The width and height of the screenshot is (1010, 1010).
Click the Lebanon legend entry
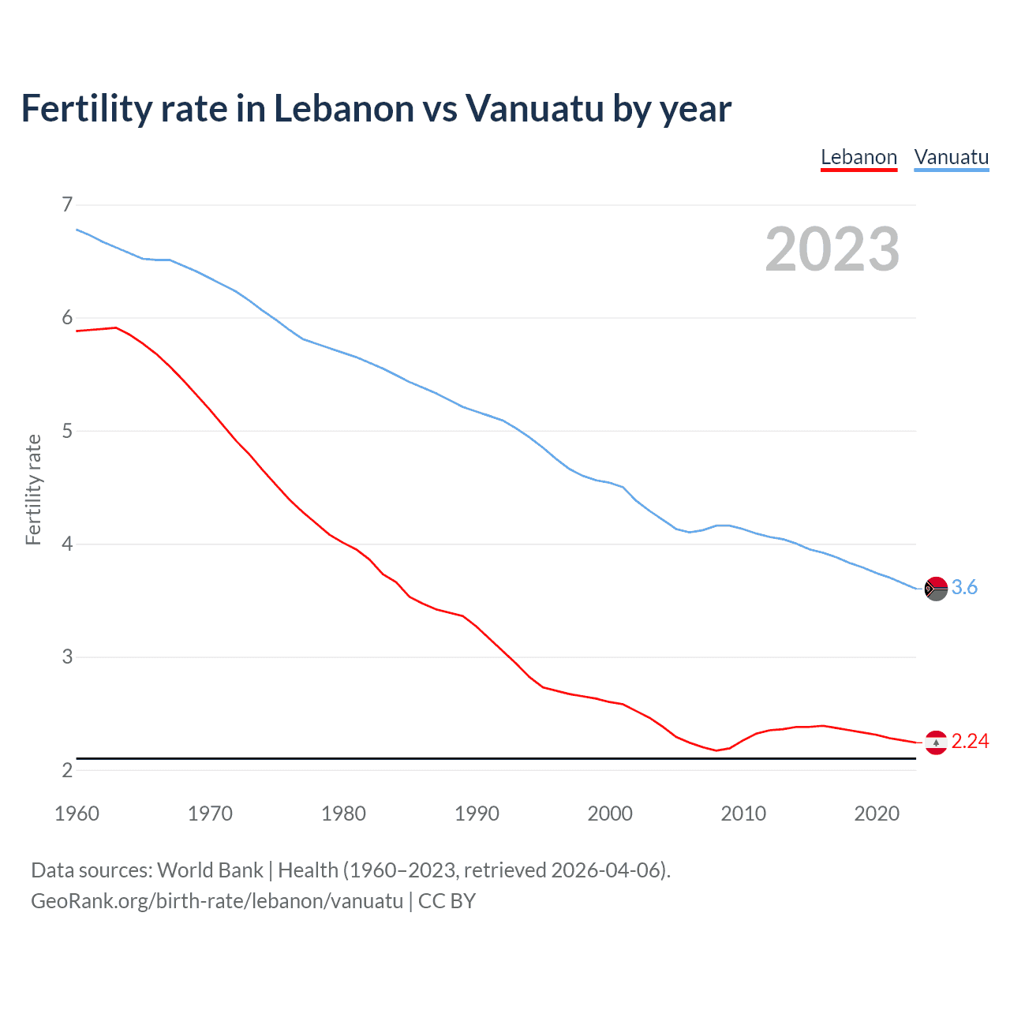(x=858, y=157)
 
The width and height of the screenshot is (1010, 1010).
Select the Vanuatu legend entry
(x=951, y=157)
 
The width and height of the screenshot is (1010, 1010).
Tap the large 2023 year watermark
(x=832, y=249)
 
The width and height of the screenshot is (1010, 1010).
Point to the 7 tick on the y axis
(x=67, y=205)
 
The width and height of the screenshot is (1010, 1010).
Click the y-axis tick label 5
(x=67, y=431)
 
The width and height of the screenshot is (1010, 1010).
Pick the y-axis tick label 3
(x=67, y=656)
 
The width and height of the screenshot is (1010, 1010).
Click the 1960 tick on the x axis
(x=77, y=814)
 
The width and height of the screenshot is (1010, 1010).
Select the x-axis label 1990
(x=477, y=814)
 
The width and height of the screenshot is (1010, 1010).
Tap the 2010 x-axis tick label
(x=743, y=814)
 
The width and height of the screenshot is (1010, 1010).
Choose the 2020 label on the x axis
(x=877, y=814)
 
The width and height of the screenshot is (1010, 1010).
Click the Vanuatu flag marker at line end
(x=936, y=589)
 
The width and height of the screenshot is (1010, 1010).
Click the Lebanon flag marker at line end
(x=936, y=743)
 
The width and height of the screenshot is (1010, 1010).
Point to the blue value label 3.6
(x=964, y=588)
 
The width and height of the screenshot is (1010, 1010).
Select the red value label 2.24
(x=970, y=742)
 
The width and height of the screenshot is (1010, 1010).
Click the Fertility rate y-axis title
(x=33, y=489)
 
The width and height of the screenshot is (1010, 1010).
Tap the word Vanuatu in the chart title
(x=534, y=109)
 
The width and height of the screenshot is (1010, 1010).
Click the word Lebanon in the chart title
(x=344, y=109)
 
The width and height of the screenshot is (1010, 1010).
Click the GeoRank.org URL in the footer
(x=217, y=901)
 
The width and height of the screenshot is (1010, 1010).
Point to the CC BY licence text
(x=447, y=901)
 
